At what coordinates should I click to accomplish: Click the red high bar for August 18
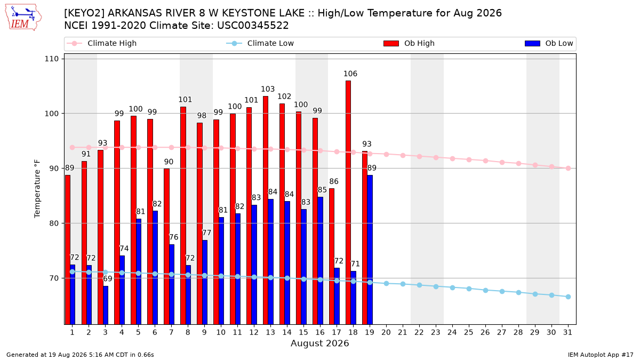[348, 202]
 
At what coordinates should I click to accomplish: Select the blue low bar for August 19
[370, 250]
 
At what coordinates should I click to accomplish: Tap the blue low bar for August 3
[106, 305]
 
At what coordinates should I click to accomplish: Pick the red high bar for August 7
[166, 246]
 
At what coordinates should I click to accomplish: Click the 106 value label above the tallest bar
[350, 74]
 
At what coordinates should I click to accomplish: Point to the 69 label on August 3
[108, 278]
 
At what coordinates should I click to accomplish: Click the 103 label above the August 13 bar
[268, 89]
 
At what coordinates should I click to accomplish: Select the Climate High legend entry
[101, 43]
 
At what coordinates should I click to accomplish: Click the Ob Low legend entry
[549, 43]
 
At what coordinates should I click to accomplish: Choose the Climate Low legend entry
[260, 43]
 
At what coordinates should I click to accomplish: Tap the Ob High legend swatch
[391, 43]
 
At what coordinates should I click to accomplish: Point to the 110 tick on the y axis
[51, 59]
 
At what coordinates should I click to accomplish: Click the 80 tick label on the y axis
[54, 223]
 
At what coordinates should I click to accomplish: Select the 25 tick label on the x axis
[469, 332]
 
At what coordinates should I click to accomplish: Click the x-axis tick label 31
[567, 332]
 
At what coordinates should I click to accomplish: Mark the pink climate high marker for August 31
[568, 169]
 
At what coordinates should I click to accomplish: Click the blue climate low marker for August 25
[469, 289]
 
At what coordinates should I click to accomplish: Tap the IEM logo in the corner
[23, 18]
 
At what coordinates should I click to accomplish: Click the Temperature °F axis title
[37, 189]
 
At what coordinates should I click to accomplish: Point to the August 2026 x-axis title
[319, 343]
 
